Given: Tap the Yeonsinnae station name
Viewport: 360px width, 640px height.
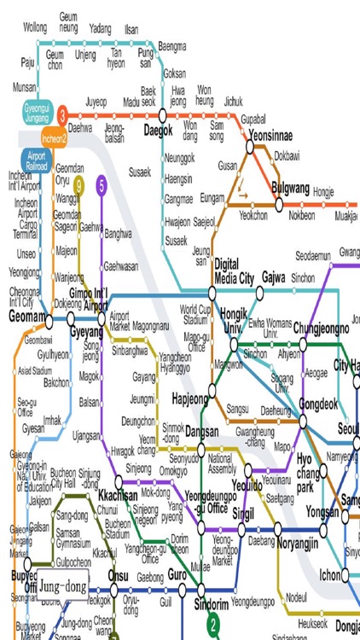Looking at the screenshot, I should (271, 136).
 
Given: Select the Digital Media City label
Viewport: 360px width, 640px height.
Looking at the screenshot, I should (234, 271).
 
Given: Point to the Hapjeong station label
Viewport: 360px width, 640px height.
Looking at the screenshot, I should (190, 399).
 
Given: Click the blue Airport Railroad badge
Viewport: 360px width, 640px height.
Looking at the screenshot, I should (36, 162).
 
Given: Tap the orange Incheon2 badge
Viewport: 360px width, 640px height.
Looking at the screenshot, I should (54, 136).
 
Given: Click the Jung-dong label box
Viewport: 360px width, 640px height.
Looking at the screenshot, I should (62, 587).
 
